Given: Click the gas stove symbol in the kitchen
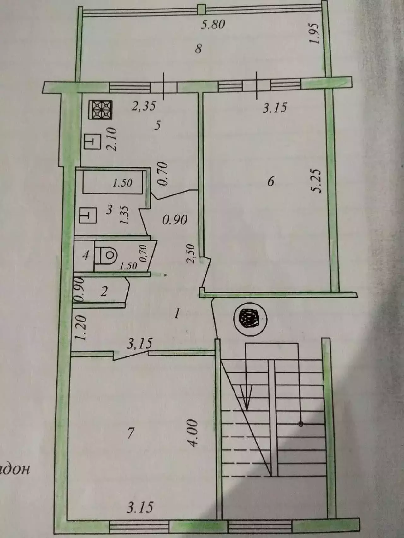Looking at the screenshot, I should (101, 110).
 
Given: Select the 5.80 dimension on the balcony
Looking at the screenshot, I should (213, 24).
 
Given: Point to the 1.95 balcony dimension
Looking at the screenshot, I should (316, 34).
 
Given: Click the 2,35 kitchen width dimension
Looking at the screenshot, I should (144, 106).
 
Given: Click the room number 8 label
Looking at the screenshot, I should (198, 49).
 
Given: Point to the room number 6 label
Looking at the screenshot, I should (270, 182).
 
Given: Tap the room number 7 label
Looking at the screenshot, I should (130, 434).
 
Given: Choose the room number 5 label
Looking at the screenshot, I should (157, 125).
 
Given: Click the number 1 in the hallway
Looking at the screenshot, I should (177, 314).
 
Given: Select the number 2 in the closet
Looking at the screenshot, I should (104, 292).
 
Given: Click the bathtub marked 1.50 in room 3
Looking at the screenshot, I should (113, 182).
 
